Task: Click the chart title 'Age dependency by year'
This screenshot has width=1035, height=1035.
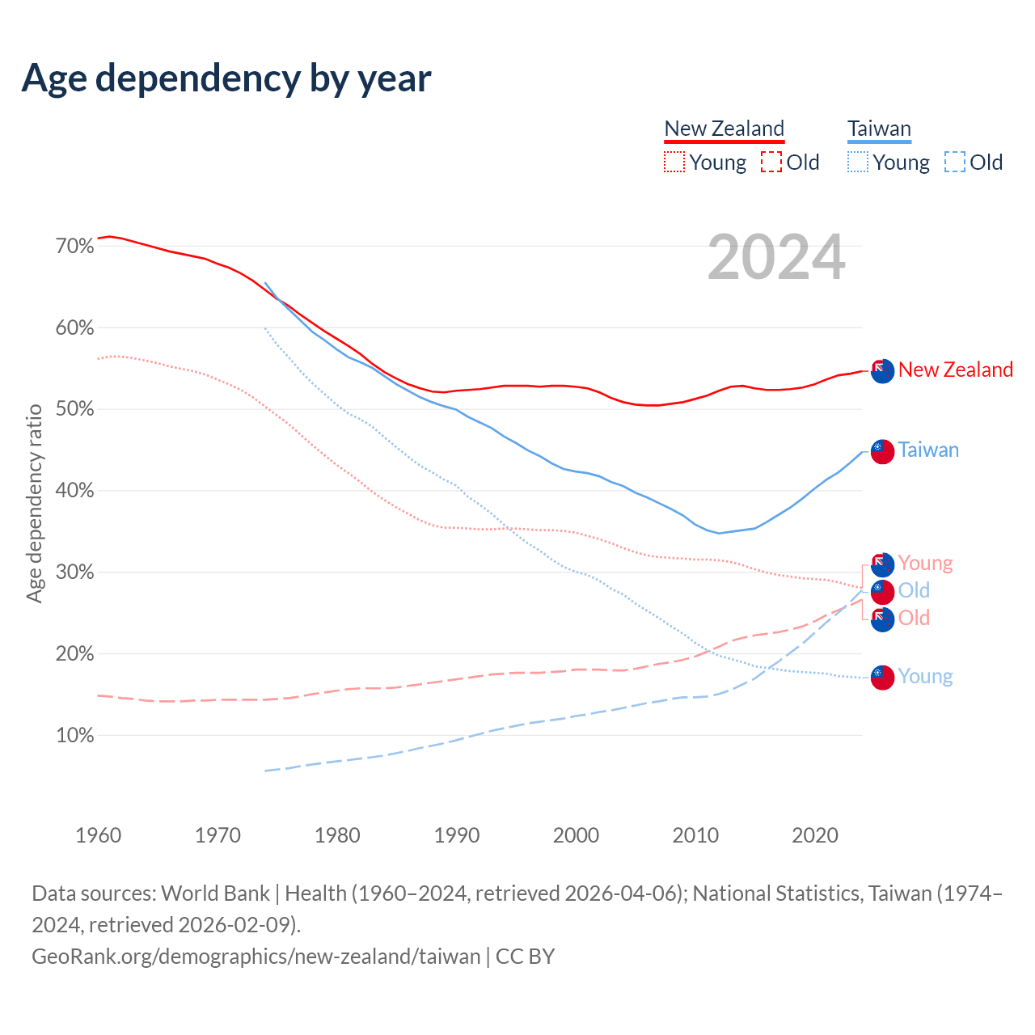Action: [226, 78]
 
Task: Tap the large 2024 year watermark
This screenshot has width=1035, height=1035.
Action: [776, 257]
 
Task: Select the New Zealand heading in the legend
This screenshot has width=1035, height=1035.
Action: [724, 129]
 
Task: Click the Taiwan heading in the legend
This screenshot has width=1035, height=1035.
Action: [879, 129]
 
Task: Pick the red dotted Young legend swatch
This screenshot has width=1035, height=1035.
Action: [674, 162]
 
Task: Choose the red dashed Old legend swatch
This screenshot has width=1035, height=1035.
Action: [771, 162]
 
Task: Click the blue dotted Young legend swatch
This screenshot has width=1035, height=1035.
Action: [857, 162]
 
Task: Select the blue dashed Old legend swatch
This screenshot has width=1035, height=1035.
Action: [955, 162]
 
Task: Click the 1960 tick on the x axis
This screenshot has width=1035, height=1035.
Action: [99, 834]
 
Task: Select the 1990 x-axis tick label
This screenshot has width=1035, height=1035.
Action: [457, 834]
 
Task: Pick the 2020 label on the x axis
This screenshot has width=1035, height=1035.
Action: [815, 834]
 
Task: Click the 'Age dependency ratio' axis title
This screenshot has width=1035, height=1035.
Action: [34, 503]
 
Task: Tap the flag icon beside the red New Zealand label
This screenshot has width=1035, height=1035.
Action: [882, 370]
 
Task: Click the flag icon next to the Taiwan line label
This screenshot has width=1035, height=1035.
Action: [882, 451]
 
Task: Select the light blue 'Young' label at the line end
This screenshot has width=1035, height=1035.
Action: [925, 677]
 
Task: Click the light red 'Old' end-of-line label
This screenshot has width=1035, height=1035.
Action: [914, 619]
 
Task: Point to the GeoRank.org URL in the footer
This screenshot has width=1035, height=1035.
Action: [256, 956]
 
